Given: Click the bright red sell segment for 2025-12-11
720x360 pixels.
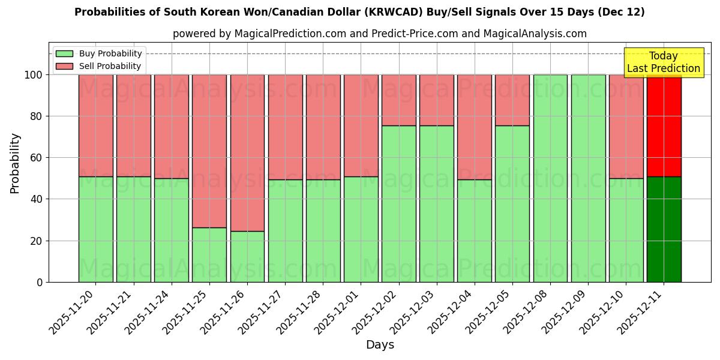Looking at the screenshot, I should point(664,126).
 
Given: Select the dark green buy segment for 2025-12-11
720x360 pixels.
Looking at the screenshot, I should point(664,229).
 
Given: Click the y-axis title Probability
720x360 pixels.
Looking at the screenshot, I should point(15,163).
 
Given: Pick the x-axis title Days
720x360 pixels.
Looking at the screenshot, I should point(380,345).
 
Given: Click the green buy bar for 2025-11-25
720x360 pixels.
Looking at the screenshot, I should point(209,255).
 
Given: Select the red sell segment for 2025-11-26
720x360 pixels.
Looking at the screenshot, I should point(247,153).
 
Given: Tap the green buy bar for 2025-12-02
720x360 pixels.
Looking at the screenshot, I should point(399,204).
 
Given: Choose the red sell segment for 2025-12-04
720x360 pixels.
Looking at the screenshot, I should point(475,127).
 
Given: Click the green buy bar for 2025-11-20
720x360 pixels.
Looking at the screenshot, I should point(96,229).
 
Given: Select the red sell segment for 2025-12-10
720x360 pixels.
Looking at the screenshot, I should point(626,127).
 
